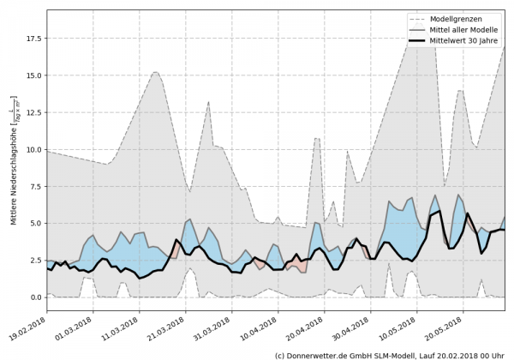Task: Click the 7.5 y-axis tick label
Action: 35,186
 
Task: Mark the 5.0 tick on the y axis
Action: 35,223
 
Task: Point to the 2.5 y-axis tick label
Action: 35,261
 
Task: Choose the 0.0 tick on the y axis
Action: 35,297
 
